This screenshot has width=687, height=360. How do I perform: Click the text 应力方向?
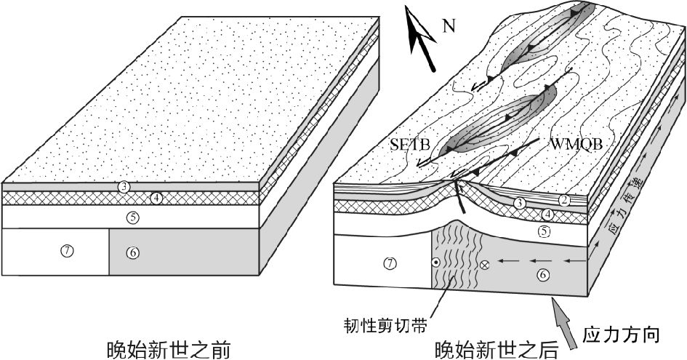coord(622,335)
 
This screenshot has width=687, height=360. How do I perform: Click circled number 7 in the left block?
coord(66,251)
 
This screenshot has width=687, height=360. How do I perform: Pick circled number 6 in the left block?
coord(132,252)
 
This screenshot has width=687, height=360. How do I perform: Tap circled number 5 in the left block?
coord(132,216)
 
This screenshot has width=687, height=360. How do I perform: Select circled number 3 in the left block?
coord(125,187)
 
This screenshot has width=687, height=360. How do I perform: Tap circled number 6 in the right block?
coord(541,274)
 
